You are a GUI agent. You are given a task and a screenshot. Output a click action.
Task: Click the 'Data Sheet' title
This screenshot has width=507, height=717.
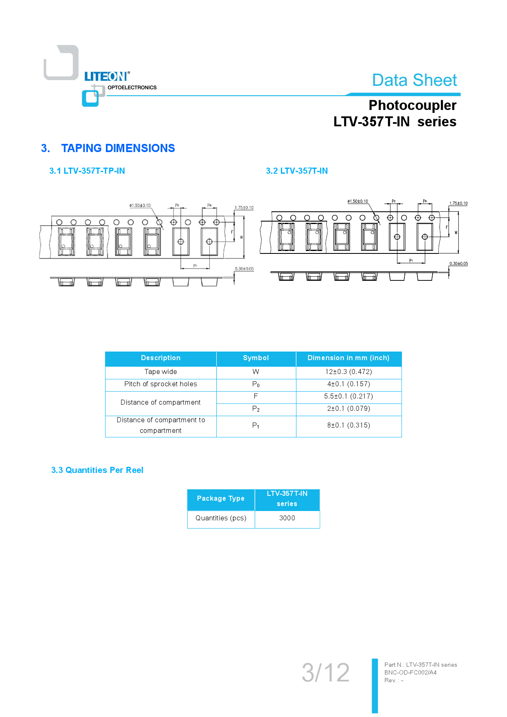(414, 80)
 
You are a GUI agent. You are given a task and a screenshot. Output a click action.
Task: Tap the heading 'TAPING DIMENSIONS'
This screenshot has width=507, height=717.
(118, 148)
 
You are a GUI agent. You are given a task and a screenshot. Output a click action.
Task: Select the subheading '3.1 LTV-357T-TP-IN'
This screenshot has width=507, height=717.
(87, 171)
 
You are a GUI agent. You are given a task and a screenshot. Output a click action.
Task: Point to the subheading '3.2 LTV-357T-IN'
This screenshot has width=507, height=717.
(297, 171)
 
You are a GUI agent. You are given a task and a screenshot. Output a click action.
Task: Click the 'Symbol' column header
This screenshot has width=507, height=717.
(256, 358)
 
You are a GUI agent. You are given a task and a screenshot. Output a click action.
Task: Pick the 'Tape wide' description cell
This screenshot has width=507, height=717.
(161, 372)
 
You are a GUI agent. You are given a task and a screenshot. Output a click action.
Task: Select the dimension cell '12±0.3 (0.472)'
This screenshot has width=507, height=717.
(348, 372)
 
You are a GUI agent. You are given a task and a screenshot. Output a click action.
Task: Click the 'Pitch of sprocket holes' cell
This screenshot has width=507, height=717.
(161, 384)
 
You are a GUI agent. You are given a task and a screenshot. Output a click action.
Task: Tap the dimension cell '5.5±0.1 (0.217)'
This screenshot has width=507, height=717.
(348, 396)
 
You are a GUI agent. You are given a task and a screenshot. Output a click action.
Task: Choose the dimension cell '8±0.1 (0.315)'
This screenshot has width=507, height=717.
(348, 425)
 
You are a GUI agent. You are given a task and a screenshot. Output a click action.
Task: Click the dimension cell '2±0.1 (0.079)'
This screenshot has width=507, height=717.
(348, 408)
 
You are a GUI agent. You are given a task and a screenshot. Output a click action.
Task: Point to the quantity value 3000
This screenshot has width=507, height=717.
(287, 518)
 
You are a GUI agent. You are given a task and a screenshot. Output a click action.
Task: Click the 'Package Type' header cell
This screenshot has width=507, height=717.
(221, 498)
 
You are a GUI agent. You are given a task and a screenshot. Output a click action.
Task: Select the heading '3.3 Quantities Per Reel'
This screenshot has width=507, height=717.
(97, 470)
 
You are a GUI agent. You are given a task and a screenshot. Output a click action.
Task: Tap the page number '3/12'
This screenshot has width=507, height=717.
(325, 672)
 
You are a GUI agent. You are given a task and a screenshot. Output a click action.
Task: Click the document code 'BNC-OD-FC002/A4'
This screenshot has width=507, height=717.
(411, 672)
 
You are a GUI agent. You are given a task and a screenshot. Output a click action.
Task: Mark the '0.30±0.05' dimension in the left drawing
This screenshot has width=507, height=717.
(244, 269)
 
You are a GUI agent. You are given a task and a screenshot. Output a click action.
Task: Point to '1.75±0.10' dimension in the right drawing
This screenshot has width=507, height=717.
(458, 203)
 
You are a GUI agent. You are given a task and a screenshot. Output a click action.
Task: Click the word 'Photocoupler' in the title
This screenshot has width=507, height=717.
(412, 105)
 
